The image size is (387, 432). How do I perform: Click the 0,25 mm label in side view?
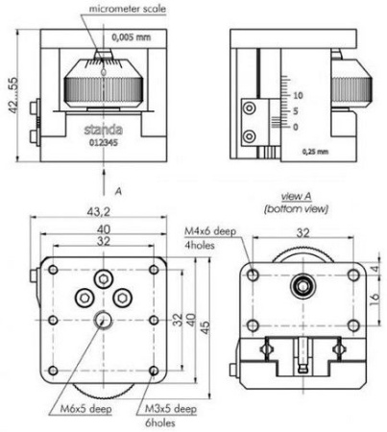tap(314, 152)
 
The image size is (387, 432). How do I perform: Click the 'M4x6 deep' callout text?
tap(208, 231)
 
